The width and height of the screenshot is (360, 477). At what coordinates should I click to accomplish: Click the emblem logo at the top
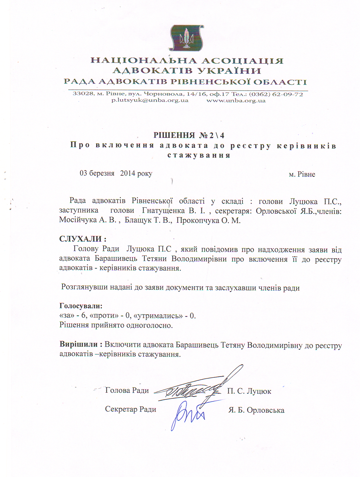click(186, 38)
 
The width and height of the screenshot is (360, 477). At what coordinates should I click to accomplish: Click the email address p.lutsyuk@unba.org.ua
click(150, 100)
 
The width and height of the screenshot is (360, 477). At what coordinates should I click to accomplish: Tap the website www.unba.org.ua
click(236, 101)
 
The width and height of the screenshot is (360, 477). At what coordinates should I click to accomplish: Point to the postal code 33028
click(83, 94)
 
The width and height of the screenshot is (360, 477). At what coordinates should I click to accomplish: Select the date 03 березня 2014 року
click(116, 173)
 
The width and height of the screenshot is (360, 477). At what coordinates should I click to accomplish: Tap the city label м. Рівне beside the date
click(302, 174)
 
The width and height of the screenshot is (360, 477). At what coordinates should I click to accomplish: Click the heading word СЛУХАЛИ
click(81, 239)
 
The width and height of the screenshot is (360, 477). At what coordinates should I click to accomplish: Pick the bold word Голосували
click(81, 306)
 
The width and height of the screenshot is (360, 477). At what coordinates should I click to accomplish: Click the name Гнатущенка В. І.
click(174, 211)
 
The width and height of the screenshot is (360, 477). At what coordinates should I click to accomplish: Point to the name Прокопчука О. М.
click(208, 220)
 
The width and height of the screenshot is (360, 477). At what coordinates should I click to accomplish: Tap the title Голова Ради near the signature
click(127, 390)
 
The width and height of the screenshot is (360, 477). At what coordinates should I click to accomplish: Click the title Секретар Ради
click(130, 409)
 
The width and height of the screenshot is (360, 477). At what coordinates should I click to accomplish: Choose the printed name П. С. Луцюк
click(249, 391)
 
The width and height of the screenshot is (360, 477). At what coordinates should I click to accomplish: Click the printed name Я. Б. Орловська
click(256, 410)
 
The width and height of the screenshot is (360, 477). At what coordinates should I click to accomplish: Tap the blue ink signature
click(187, 415)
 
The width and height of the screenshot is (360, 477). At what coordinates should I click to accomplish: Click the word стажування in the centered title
click(199, 155)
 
